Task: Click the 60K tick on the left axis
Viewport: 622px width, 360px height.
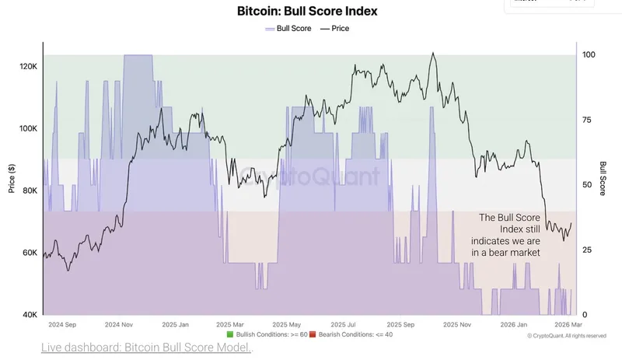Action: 28,253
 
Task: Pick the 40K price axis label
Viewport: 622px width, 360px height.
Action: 28,315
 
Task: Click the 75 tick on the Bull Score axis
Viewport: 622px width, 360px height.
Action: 587,120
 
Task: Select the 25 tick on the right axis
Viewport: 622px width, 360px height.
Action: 587,250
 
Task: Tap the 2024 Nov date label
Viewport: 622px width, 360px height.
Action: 119,323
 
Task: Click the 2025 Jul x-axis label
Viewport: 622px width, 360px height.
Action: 344,323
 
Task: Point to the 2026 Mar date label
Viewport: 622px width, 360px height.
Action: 569,323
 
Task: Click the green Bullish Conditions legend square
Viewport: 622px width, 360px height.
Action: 229,334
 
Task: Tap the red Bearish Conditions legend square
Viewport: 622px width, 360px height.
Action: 312,334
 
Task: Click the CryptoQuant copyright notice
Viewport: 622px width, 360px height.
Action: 567,336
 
